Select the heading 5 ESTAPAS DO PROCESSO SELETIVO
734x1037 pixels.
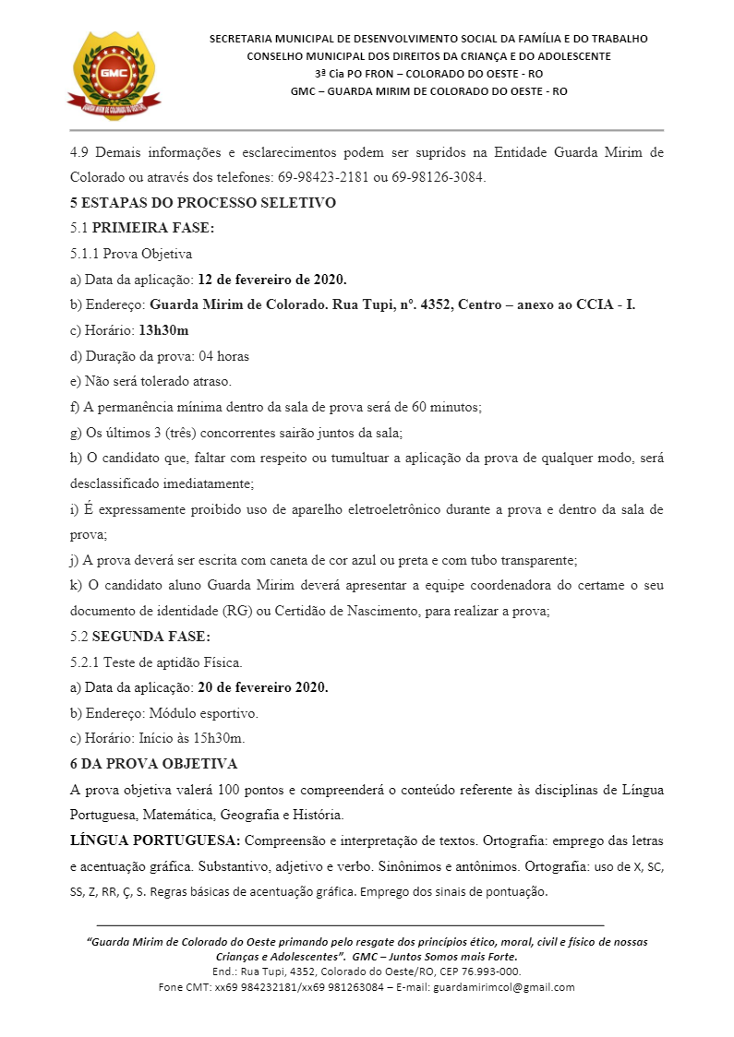click(202, 202)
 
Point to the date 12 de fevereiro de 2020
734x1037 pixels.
click(272, 279)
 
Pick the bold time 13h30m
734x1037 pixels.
click(163, 329)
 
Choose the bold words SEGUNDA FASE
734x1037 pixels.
click(151, 636)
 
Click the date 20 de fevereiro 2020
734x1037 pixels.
click(263, 687)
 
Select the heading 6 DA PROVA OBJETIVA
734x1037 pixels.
click(153, 764)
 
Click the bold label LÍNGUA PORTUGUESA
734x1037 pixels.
click(155, 840)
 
